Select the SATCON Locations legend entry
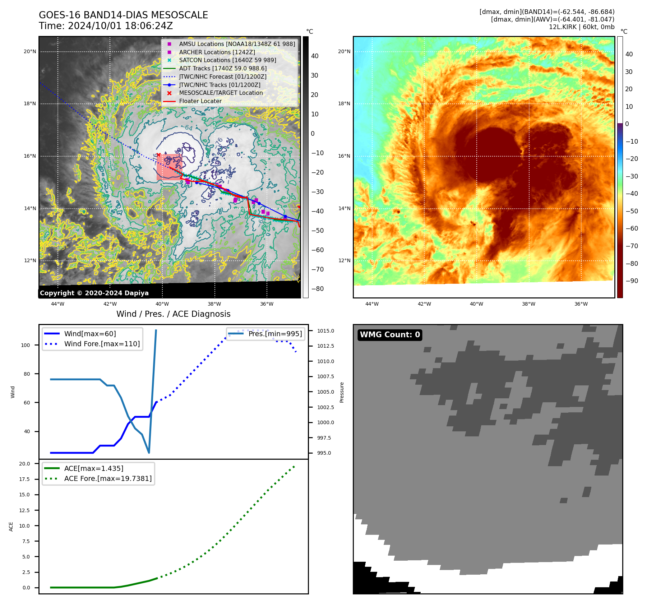[227, 60]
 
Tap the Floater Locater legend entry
[200, 101]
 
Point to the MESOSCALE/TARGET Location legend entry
[221, 93]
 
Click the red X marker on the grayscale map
[158, 155]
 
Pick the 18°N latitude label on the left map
[30, 104]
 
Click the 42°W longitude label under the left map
[110, 304]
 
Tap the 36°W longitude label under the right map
[581, 304]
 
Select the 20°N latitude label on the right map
[344, 51]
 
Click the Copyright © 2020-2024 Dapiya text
[94, 293]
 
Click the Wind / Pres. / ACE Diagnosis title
[173, 314]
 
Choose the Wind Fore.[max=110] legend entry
[102, 344]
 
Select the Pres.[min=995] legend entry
[275, 334]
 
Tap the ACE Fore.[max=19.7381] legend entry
[108, 478]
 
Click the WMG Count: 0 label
[390, 335]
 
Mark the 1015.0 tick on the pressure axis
[325, 331]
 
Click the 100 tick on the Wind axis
[26, 345]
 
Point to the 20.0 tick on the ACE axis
[24, 464]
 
